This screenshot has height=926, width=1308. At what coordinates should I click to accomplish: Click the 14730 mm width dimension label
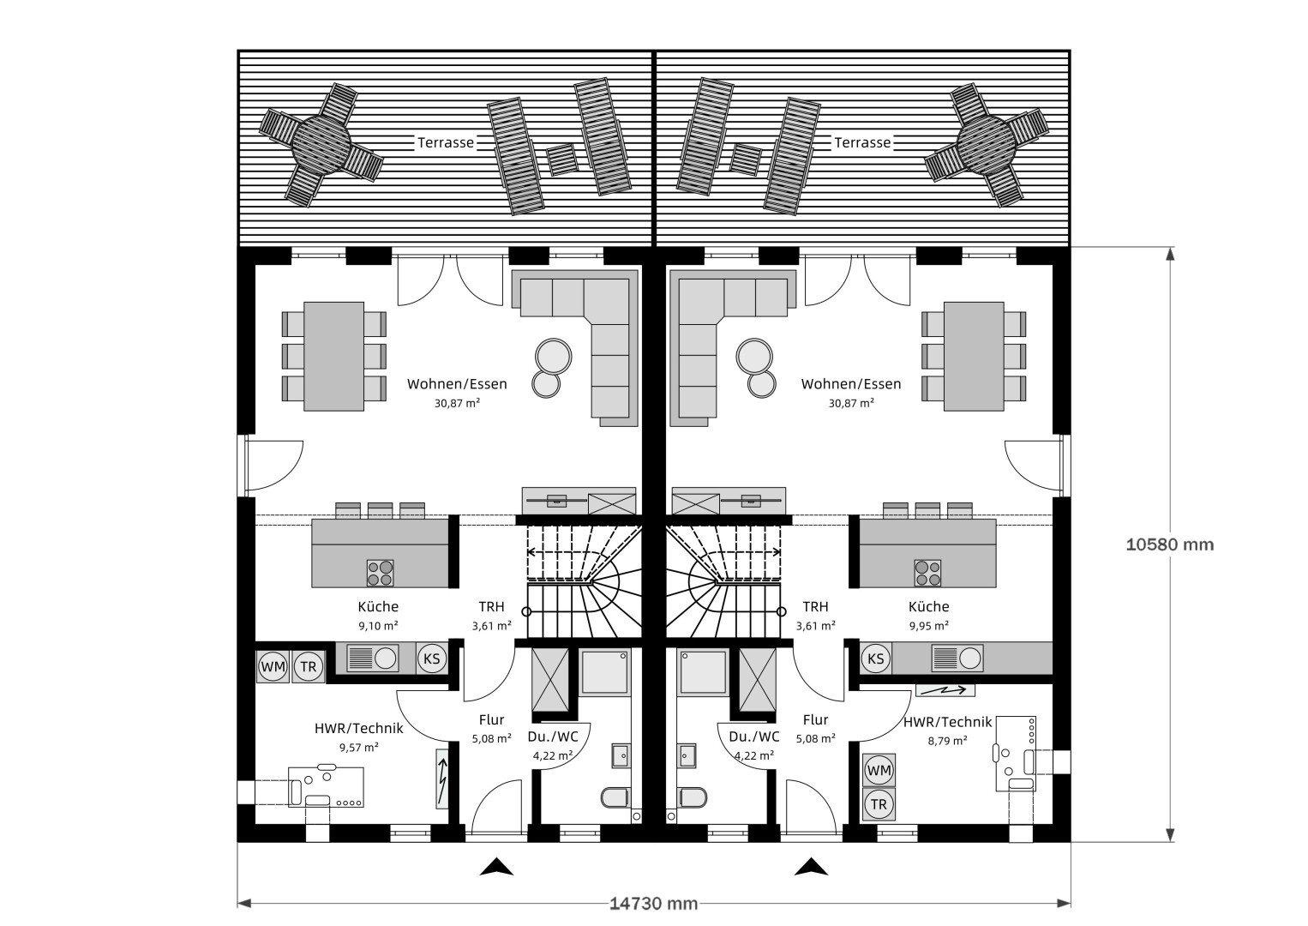tap(653, 903)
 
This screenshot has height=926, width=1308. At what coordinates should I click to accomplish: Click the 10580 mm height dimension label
tap(1169, 544)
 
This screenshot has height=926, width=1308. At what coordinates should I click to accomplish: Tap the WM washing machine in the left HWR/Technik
tap(273, 666)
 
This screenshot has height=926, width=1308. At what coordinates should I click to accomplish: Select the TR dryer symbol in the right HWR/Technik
tap(878, 805)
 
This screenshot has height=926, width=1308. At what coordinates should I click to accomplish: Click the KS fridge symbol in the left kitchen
tap(432, 658)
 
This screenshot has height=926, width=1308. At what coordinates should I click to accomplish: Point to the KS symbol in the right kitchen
tap(875, 658)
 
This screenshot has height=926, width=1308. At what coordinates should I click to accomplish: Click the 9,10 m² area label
tap(378, 626)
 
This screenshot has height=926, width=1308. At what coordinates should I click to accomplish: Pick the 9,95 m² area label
tap(928, 626)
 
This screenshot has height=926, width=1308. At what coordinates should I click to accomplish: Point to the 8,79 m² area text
tap(947, 740)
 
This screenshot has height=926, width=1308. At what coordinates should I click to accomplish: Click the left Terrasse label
tap(446, 143)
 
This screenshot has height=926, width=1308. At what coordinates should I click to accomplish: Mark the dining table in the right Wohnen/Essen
tap(974, 356)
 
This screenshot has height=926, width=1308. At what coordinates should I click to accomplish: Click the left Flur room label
tap(491, 720)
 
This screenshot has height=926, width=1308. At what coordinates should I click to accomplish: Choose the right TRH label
tap(815, 607)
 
